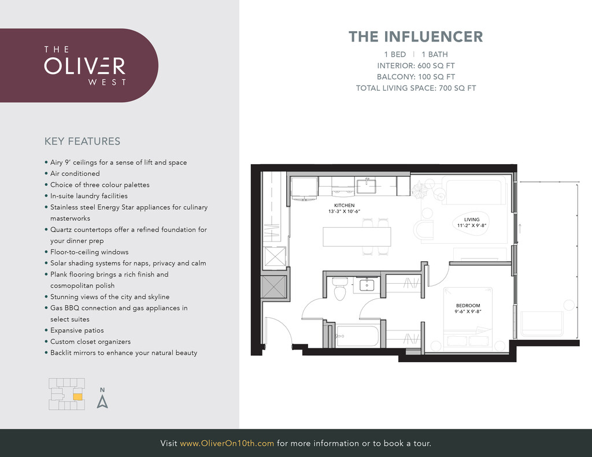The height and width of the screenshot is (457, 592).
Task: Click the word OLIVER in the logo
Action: tap(84, 66)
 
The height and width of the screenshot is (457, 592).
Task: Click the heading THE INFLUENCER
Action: tap(416, 36)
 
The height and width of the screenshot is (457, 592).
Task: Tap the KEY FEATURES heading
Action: tap(82, 141)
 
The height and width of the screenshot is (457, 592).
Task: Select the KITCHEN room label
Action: tap(345, 205)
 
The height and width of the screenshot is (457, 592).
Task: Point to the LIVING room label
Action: tap(472, 219)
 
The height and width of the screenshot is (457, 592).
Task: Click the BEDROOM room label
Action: tap(468, 305)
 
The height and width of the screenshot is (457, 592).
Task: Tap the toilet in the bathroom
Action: tap(340, 288)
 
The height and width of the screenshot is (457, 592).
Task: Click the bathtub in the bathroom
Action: tap(357, 336)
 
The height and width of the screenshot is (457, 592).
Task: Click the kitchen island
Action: tap(357, 237)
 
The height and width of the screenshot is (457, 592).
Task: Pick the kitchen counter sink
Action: tap(366, 185)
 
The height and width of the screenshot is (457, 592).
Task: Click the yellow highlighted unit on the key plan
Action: tap(77, 396)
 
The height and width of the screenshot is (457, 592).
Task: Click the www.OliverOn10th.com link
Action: tap(227, 443)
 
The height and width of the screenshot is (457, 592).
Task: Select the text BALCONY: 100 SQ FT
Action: tap(416, 77)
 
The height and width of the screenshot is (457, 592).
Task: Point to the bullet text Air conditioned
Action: tap(75, 173)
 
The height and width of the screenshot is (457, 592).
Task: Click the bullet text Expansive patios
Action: tap(77, 330)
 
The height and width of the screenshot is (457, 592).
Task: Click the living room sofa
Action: tap(476, 189)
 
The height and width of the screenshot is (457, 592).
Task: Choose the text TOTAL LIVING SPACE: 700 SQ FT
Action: tap(416, 88)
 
